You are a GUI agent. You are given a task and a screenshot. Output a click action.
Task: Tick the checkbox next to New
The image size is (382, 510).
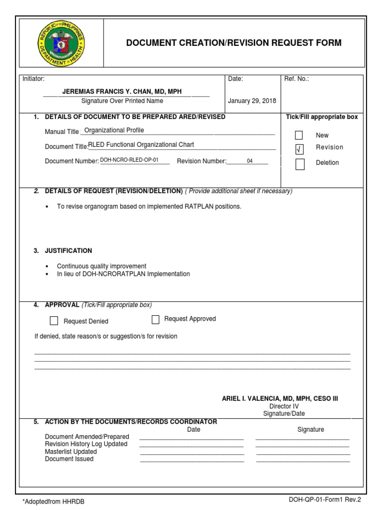click(x=299, y=135)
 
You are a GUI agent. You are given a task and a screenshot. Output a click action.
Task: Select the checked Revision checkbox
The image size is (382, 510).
click(x=299, y=148)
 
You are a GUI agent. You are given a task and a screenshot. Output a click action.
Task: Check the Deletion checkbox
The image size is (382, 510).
click(x=300, y=164)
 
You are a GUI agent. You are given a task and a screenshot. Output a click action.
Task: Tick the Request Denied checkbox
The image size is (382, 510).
click(x=54, y=321)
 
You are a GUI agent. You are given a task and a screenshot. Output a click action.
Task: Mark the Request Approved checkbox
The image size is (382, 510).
click(x=156, y=319)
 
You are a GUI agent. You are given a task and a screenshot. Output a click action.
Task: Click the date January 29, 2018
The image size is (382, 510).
click(x=252, y=101)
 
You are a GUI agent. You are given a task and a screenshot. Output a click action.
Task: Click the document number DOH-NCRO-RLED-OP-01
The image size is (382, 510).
click(x=129, y=161)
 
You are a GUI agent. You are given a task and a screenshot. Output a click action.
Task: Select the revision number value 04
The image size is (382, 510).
click(x=250, y=161)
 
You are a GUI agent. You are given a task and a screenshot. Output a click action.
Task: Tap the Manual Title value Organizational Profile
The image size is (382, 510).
click(x=114, y=130)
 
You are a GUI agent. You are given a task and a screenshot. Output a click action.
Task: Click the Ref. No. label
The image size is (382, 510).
click(x=296, y=79)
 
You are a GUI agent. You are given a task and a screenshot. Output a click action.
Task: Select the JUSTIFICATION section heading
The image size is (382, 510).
click(x=68, y=251)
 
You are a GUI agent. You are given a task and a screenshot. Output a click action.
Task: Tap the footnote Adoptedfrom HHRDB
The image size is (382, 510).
click(x=50, y=502)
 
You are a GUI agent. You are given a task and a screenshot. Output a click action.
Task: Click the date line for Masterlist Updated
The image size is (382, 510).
click(x=192, y=453)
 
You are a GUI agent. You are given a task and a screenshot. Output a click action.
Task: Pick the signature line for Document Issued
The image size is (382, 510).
click(x=303, y=460)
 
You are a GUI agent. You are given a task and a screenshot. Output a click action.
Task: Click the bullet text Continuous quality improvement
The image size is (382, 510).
click(x=101, y=266)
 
